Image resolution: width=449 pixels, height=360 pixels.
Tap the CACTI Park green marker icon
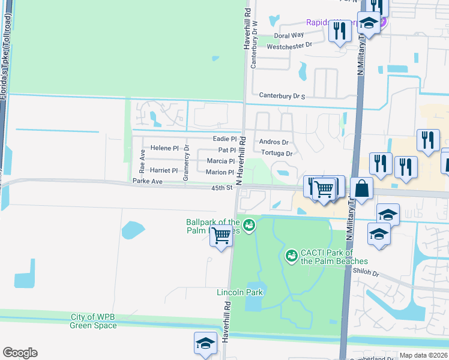(292, 256)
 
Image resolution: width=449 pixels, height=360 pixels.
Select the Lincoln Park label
(240, 292)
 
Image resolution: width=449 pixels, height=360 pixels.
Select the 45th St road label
(221, 188)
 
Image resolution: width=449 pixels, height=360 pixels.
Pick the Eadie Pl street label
(225, 139)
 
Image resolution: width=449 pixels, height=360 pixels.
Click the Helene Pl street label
(164, 148)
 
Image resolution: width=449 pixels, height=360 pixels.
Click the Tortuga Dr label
(276, 153)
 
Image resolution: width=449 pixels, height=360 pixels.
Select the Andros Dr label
(274, 142)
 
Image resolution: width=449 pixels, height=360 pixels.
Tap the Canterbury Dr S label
(282, 95)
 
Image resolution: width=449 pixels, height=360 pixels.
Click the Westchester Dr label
(289, 45)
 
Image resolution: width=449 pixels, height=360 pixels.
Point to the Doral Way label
(289, 35)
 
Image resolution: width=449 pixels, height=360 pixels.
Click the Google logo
(20, 353)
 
